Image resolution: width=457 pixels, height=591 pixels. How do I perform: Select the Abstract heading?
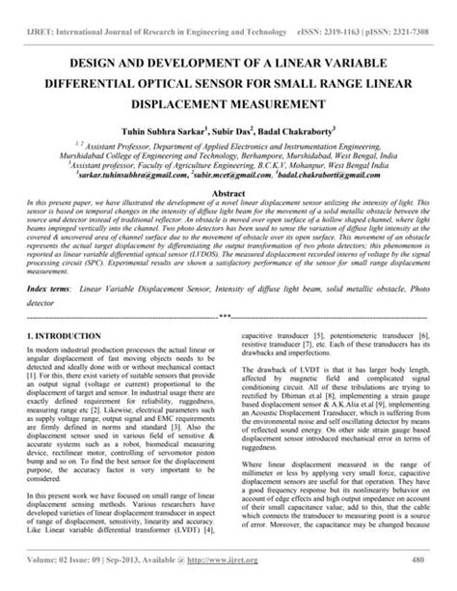228,193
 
